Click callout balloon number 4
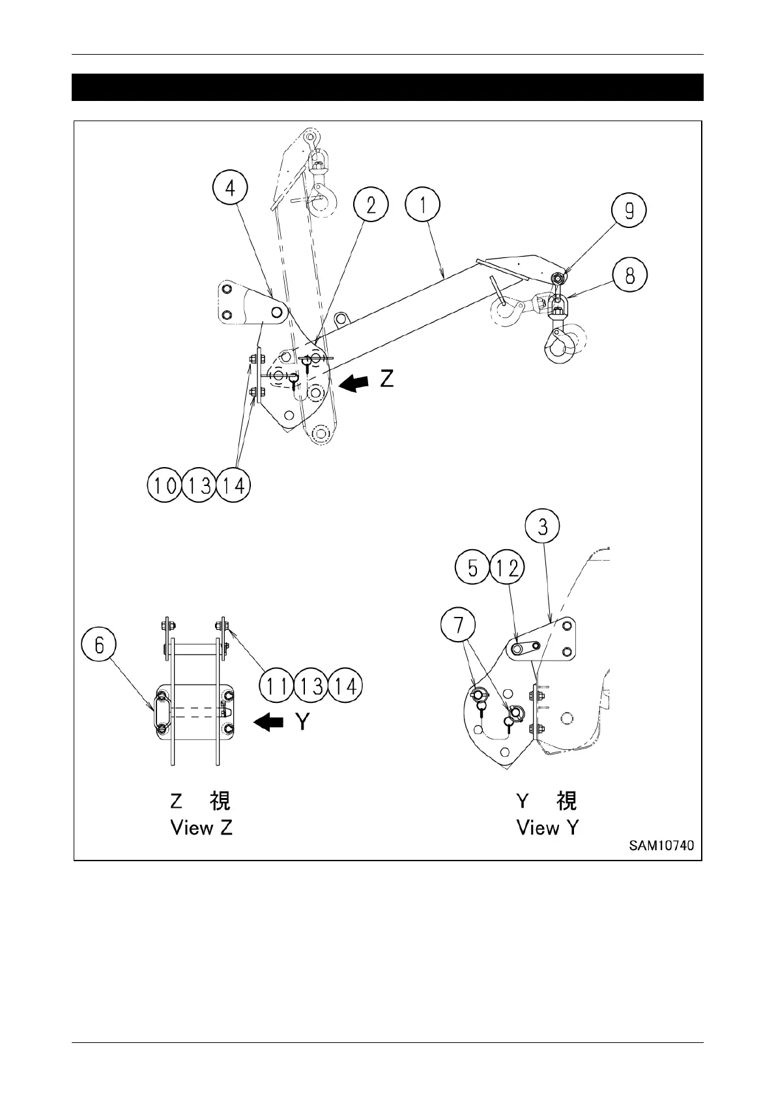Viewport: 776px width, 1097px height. [231, 188]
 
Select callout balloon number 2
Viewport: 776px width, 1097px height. [371, 205]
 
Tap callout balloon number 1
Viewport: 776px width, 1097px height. [422, 205]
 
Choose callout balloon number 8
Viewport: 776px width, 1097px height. [629, 276]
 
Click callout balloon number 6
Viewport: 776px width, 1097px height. [99, 645]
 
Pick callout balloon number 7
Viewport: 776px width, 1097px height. [459, 625]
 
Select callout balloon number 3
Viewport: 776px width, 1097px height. [543, 526]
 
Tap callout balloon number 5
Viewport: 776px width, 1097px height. [472, 569]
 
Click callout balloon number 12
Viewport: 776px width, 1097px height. [507, 569]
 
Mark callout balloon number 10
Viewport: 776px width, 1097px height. [165, 485]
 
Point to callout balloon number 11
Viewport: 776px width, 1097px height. [277, 686]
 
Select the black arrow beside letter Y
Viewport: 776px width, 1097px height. [268, 722]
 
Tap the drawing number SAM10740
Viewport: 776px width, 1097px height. [661, 845]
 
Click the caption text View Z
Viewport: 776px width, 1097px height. [201, 828]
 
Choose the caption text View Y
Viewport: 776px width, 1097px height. [547, 828]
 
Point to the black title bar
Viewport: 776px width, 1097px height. [387, 87]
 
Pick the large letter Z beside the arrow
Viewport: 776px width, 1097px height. [386, 378]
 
